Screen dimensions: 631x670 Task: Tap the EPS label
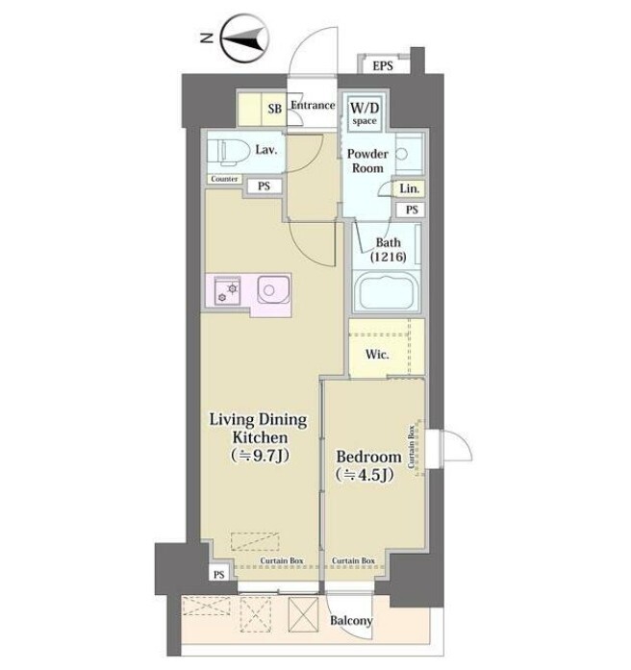point(383,65)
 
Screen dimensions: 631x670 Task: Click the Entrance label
point(313,105)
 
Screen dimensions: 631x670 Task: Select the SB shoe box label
point(275,109)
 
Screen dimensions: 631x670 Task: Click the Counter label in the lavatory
point(224,179)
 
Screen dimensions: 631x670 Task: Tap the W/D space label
point(365,113)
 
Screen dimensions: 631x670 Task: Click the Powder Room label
point(367,161)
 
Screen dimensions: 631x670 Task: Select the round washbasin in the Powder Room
point(402,154)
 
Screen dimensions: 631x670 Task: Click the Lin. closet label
point(410,188)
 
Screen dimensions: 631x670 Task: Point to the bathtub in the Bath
point(387,292)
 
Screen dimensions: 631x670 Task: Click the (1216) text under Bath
point(389,257)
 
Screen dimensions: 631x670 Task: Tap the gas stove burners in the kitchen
point(227,291)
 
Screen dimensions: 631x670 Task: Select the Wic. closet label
point(377,355)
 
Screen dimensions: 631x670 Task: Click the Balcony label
point(351,620)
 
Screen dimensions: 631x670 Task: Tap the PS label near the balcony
point(219,575)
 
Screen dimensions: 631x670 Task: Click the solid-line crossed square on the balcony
point(304,614)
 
